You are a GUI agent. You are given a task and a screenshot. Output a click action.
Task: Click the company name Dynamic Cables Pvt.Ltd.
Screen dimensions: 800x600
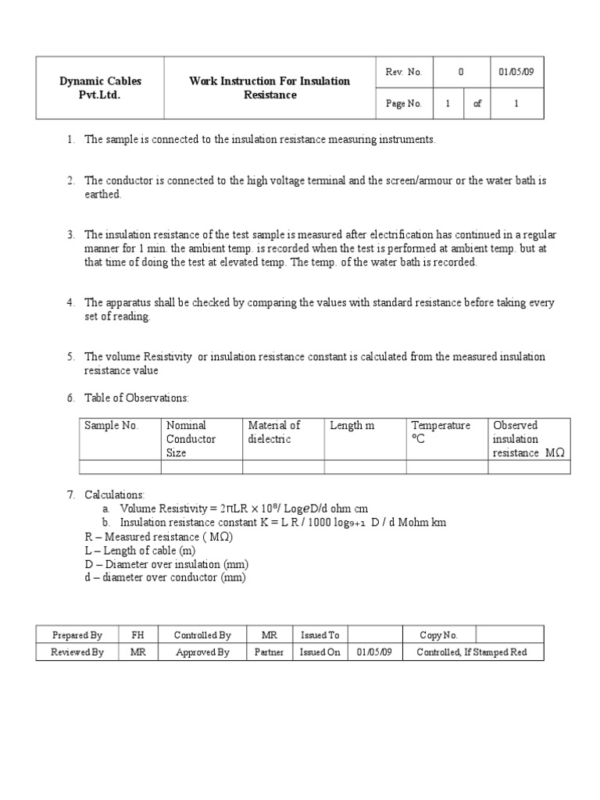90,87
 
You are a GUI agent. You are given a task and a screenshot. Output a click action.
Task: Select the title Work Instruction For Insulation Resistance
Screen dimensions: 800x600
270,87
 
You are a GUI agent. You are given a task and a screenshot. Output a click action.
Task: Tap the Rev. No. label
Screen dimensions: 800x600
403,72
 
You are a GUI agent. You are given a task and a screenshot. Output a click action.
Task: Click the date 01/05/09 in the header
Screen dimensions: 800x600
516,72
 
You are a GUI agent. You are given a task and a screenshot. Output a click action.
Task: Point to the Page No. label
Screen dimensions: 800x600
403,103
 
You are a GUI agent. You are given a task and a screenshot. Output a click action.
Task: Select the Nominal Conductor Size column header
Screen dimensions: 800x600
191,439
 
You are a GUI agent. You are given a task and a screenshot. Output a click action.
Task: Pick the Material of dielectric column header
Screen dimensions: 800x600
273,432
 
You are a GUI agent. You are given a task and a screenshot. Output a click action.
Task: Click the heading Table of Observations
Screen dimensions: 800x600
137,398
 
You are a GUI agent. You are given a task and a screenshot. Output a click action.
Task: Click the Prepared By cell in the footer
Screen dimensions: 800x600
77,635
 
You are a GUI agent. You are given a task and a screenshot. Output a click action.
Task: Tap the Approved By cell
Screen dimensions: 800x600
202,652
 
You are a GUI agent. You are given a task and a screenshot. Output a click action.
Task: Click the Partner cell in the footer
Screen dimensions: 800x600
269,652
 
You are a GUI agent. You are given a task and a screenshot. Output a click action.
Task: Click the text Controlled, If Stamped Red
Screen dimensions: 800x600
471,652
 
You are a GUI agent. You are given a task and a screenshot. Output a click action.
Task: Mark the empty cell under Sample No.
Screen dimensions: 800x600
120,467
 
